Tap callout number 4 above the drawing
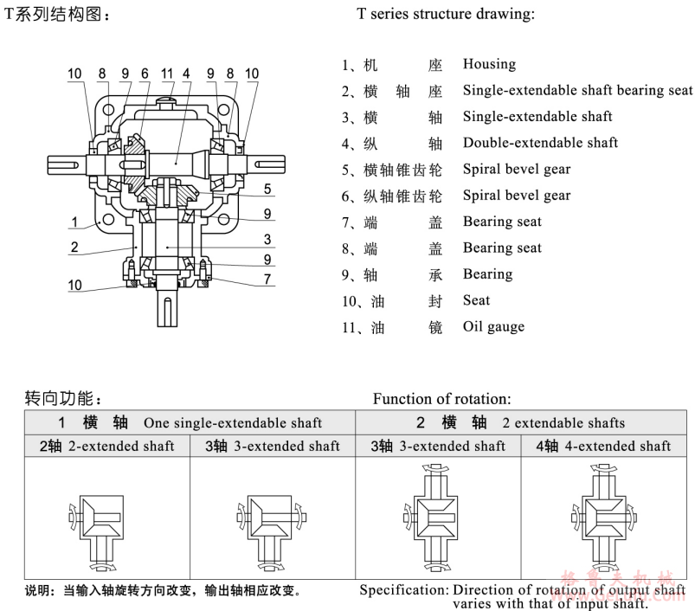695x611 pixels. click(x=186, y=74)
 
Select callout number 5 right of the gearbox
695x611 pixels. click(x=268, y=189)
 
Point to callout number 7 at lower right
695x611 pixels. click(x=268, y=279)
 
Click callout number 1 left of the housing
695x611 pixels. click(x=75, y=222)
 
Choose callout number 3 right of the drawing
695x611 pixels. click(x=268, y=240)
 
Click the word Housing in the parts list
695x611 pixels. click(x=489, y=64)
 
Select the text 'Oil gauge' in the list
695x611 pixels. click(x=493, y=326)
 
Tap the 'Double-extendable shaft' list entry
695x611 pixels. click(x=540, y=142)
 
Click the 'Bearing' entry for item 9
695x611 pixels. click(x=487, y=273)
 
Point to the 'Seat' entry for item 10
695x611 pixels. click(x=476, y=300)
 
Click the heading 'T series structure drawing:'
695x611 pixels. click(x=445, y=15)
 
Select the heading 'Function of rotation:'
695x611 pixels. click(x=442, y=399)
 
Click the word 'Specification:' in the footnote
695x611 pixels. click(x=403, y=590)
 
